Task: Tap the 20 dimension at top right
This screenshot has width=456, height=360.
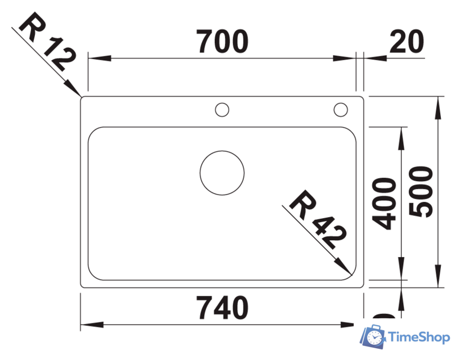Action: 406,42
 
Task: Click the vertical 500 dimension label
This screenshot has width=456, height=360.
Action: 422,191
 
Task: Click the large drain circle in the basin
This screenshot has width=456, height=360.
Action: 222,173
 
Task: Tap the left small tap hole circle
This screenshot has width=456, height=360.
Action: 222,109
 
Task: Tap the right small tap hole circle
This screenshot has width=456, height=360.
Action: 341,109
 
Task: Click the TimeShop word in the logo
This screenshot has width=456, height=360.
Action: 419,337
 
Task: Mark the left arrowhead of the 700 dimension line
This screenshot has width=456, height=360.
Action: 96,57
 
